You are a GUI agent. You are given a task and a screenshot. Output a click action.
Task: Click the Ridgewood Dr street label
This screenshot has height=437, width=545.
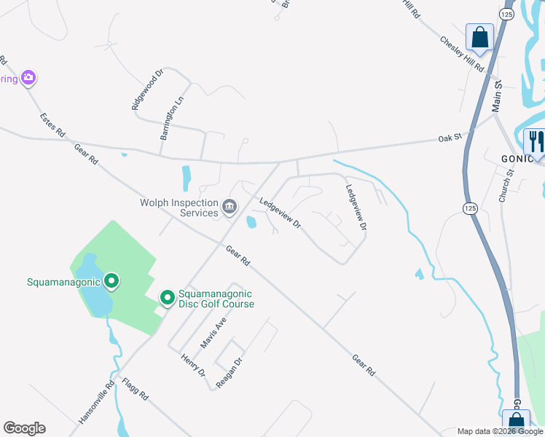pos(149,90)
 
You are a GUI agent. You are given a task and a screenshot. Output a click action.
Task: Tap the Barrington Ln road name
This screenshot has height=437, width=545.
pos(170,117)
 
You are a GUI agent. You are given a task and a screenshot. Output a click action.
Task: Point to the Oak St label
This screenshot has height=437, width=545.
pos(450,137)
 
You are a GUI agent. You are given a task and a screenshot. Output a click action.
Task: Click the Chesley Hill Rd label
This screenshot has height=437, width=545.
pos(463,53)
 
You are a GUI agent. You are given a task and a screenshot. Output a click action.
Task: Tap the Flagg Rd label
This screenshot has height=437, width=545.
pos(136,390)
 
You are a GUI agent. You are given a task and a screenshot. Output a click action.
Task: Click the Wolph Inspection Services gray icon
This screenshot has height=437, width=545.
pos(230,208)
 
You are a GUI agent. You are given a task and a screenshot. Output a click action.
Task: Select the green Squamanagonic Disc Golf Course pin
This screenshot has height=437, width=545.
pos(167,298)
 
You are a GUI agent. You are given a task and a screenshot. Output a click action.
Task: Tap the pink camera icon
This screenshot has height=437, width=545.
pos(28,77)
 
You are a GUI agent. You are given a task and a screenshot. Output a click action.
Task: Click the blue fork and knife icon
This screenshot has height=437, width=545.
pos(536,140)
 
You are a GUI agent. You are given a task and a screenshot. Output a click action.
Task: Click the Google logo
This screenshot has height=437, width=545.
pos(24,428)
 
